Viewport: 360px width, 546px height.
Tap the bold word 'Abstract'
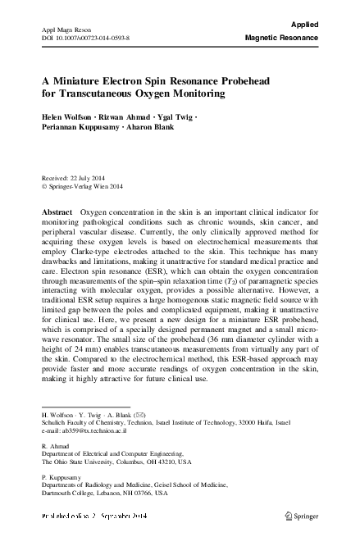click(57, 212)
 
